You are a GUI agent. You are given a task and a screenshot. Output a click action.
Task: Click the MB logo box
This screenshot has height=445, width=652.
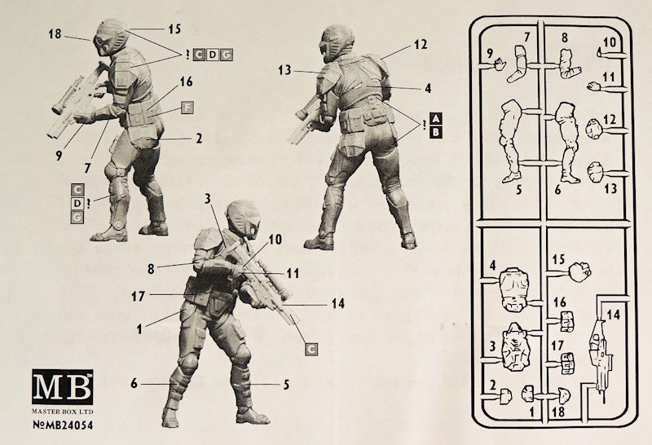[63, 387]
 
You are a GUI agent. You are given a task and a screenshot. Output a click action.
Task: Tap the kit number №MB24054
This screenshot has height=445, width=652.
[63, 425]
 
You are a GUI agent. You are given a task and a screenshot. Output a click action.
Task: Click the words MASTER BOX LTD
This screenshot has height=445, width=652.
[63, 412]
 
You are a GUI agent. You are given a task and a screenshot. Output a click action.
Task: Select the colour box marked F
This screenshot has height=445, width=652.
[187, 108]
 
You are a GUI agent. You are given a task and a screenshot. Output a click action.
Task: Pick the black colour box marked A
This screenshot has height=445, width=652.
[435, 119]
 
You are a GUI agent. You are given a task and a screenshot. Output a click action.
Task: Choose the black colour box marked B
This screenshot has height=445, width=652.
[435, 133]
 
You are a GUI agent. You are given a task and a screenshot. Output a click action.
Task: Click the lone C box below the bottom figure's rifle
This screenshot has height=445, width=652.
[311, 350]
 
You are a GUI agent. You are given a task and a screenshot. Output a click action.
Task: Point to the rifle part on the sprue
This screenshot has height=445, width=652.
[601, 357]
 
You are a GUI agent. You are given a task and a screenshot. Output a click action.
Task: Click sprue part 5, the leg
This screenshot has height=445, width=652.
[511, 140]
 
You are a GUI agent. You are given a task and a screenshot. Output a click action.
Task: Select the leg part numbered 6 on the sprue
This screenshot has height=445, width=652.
[567, 141]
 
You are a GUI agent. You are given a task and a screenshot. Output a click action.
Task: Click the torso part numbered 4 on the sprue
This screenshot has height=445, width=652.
[514, 290]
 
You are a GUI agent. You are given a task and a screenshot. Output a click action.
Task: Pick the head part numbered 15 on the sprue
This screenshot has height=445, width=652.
[579, 271]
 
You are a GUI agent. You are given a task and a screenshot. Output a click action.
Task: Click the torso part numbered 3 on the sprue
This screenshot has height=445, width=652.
[517, 348]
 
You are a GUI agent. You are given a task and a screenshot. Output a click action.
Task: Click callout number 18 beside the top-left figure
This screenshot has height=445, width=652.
[55, 33]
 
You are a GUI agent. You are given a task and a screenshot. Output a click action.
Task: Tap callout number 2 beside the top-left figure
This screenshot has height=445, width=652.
[199, 138]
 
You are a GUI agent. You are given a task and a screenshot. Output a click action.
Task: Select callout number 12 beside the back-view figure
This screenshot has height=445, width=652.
[421, 44]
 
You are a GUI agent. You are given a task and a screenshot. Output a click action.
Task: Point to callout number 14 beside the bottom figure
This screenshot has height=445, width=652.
[338, 304]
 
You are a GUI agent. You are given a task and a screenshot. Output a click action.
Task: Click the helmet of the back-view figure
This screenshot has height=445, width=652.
[337, 42]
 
